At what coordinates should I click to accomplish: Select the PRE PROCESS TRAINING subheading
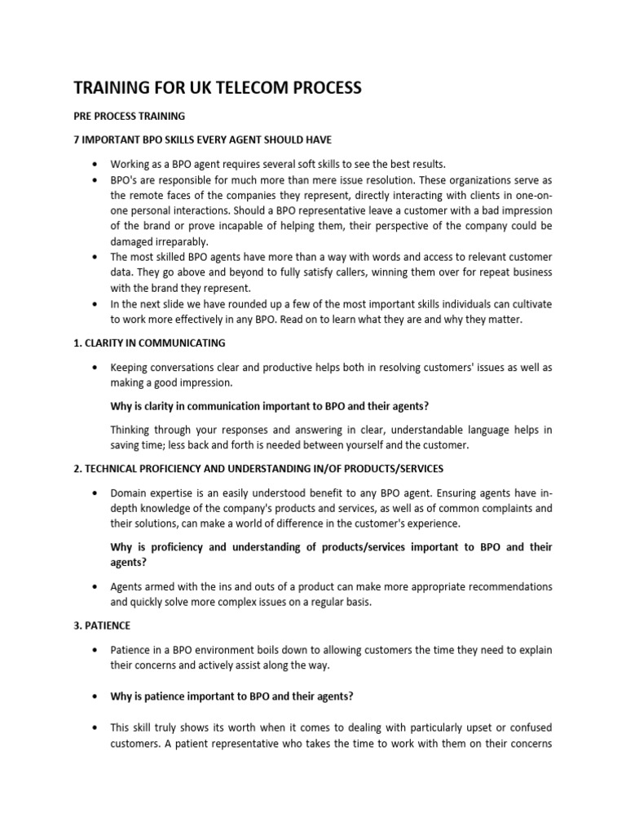(x=130, y=116)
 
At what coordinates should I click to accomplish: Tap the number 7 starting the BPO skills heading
(x=77, y=139)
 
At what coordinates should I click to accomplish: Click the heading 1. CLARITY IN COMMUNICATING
(x=149, y=342)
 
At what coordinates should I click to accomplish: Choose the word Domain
(x=130, y=493)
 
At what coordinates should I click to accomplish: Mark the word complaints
(x=483, y=508)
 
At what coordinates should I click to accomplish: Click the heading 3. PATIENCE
(x=102, y=626)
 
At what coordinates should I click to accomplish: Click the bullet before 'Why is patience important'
(x=98, y=696)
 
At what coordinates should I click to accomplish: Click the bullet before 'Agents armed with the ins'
(x=98, y=586)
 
